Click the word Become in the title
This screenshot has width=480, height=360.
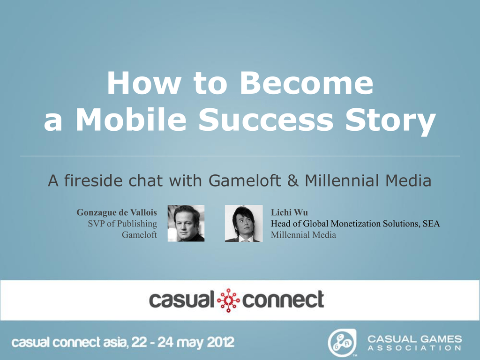tap(307, 83)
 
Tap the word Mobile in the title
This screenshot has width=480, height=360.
tap(131, 120)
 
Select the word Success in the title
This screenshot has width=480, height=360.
tap(266, 120)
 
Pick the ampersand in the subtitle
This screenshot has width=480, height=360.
tap(293, 180)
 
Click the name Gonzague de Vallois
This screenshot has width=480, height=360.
tap(117, 212)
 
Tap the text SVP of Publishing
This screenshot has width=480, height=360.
tap(122, 224)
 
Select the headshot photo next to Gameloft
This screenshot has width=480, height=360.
tap(186, 224)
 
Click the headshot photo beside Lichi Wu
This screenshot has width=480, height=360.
tap(244, 224)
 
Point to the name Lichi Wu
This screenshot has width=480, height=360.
tap(289, 212)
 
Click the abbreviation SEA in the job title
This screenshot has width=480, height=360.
tap(431, 224)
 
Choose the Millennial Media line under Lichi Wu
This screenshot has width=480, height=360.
tap(303, 235)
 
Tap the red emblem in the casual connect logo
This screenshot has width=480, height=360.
tap(228, 300)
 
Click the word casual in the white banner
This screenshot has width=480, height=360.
tap(181, 300)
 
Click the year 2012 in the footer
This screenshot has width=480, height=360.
tap(220, 342)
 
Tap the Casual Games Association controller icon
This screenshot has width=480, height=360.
tap(342, 343)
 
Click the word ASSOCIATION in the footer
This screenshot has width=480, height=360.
tap(414, 348)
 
